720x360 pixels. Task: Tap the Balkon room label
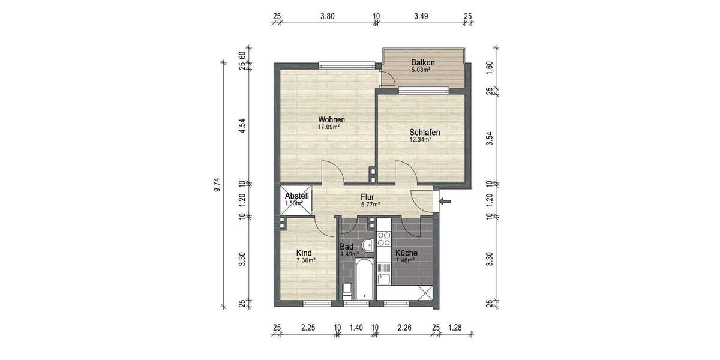tap(422, 62)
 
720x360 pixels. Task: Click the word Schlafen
tap(425, 133)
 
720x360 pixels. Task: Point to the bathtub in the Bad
tap(364, 280)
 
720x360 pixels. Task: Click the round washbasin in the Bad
tap(367, 245)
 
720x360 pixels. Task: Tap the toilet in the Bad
tap(346, 292)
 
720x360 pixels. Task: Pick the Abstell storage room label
tap(296, 196)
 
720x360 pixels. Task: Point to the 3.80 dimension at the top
tap(327, 16)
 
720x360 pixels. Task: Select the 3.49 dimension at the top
tap(421, 16)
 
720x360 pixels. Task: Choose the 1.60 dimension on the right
tap(490, 67)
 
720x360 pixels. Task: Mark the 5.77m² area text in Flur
tap(370, 204)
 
